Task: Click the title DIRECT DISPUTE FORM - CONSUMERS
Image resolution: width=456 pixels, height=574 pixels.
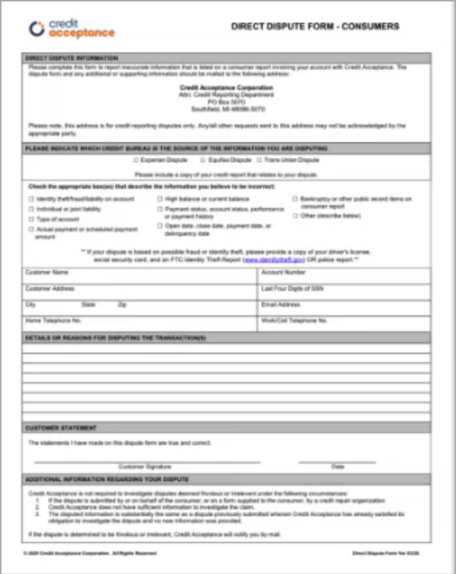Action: (x=315, y=27)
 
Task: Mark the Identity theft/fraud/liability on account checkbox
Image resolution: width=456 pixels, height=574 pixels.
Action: (x=30, y=198)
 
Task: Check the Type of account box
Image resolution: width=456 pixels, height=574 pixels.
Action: (x=30, y=219)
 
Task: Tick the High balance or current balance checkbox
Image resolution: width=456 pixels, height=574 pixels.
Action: (x=159, y=198)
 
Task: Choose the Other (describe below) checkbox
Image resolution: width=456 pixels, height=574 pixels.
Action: (x=294, y=215)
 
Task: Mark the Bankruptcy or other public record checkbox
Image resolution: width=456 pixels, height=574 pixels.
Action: (x=294, y=198)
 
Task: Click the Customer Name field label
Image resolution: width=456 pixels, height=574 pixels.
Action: (x=46, y=272)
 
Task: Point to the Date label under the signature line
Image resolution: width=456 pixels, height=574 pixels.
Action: (x=337, y=466)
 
